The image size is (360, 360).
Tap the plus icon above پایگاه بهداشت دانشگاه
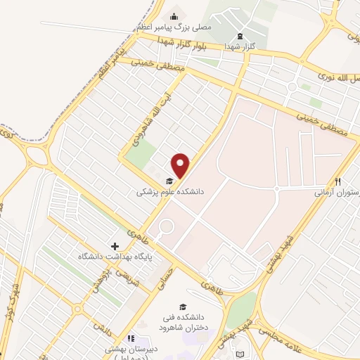pos(115,247)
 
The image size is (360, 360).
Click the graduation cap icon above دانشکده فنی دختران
pos(183,307)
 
